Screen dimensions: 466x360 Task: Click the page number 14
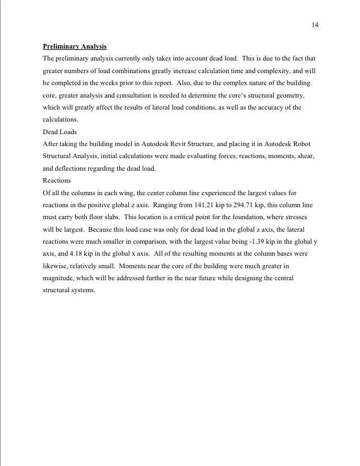click(315, 25)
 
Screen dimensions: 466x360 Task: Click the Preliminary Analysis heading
click(75, 46)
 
